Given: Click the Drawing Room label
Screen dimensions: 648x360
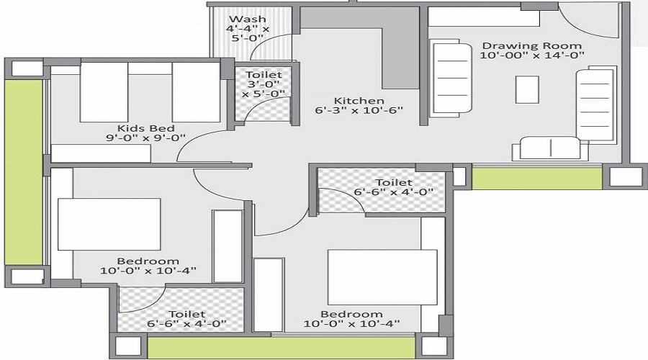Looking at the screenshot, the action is [532, 45].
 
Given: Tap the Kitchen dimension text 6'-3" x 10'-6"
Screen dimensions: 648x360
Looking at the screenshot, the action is [359, 110].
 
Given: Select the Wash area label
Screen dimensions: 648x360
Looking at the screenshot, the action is [248, 19].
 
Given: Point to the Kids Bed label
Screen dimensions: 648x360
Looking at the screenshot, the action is [146, 128].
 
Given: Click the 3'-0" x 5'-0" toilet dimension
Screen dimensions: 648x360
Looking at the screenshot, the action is [264, 89].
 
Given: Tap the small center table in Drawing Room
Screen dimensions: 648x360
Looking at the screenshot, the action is [527, 89].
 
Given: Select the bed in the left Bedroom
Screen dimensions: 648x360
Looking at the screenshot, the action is [109, 224].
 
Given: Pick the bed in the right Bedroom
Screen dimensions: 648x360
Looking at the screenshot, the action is [382, 277].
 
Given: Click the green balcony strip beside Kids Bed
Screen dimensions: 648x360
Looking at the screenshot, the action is [24, 172].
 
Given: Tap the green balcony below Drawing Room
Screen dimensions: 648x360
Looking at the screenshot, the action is [536, 178].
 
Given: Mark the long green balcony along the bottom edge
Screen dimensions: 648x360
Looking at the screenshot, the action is [281, 347].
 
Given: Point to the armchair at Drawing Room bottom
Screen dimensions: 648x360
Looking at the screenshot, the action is [550, 148].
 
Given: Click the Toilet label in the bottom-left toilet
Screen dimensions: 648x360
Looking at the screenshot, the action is [187, 314].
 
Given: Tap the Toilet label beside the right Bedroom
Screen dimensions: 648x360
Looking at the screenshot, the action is [394, 182].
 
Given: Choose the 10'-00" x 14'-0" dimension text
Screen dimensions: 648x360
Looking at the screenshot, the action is [532, 55].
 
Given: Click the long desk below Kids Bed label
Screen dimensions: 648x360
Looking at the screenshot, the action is [101, 153].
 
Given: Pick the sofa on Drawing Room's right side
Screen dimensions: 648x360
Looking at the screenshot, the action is [594, 104].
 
